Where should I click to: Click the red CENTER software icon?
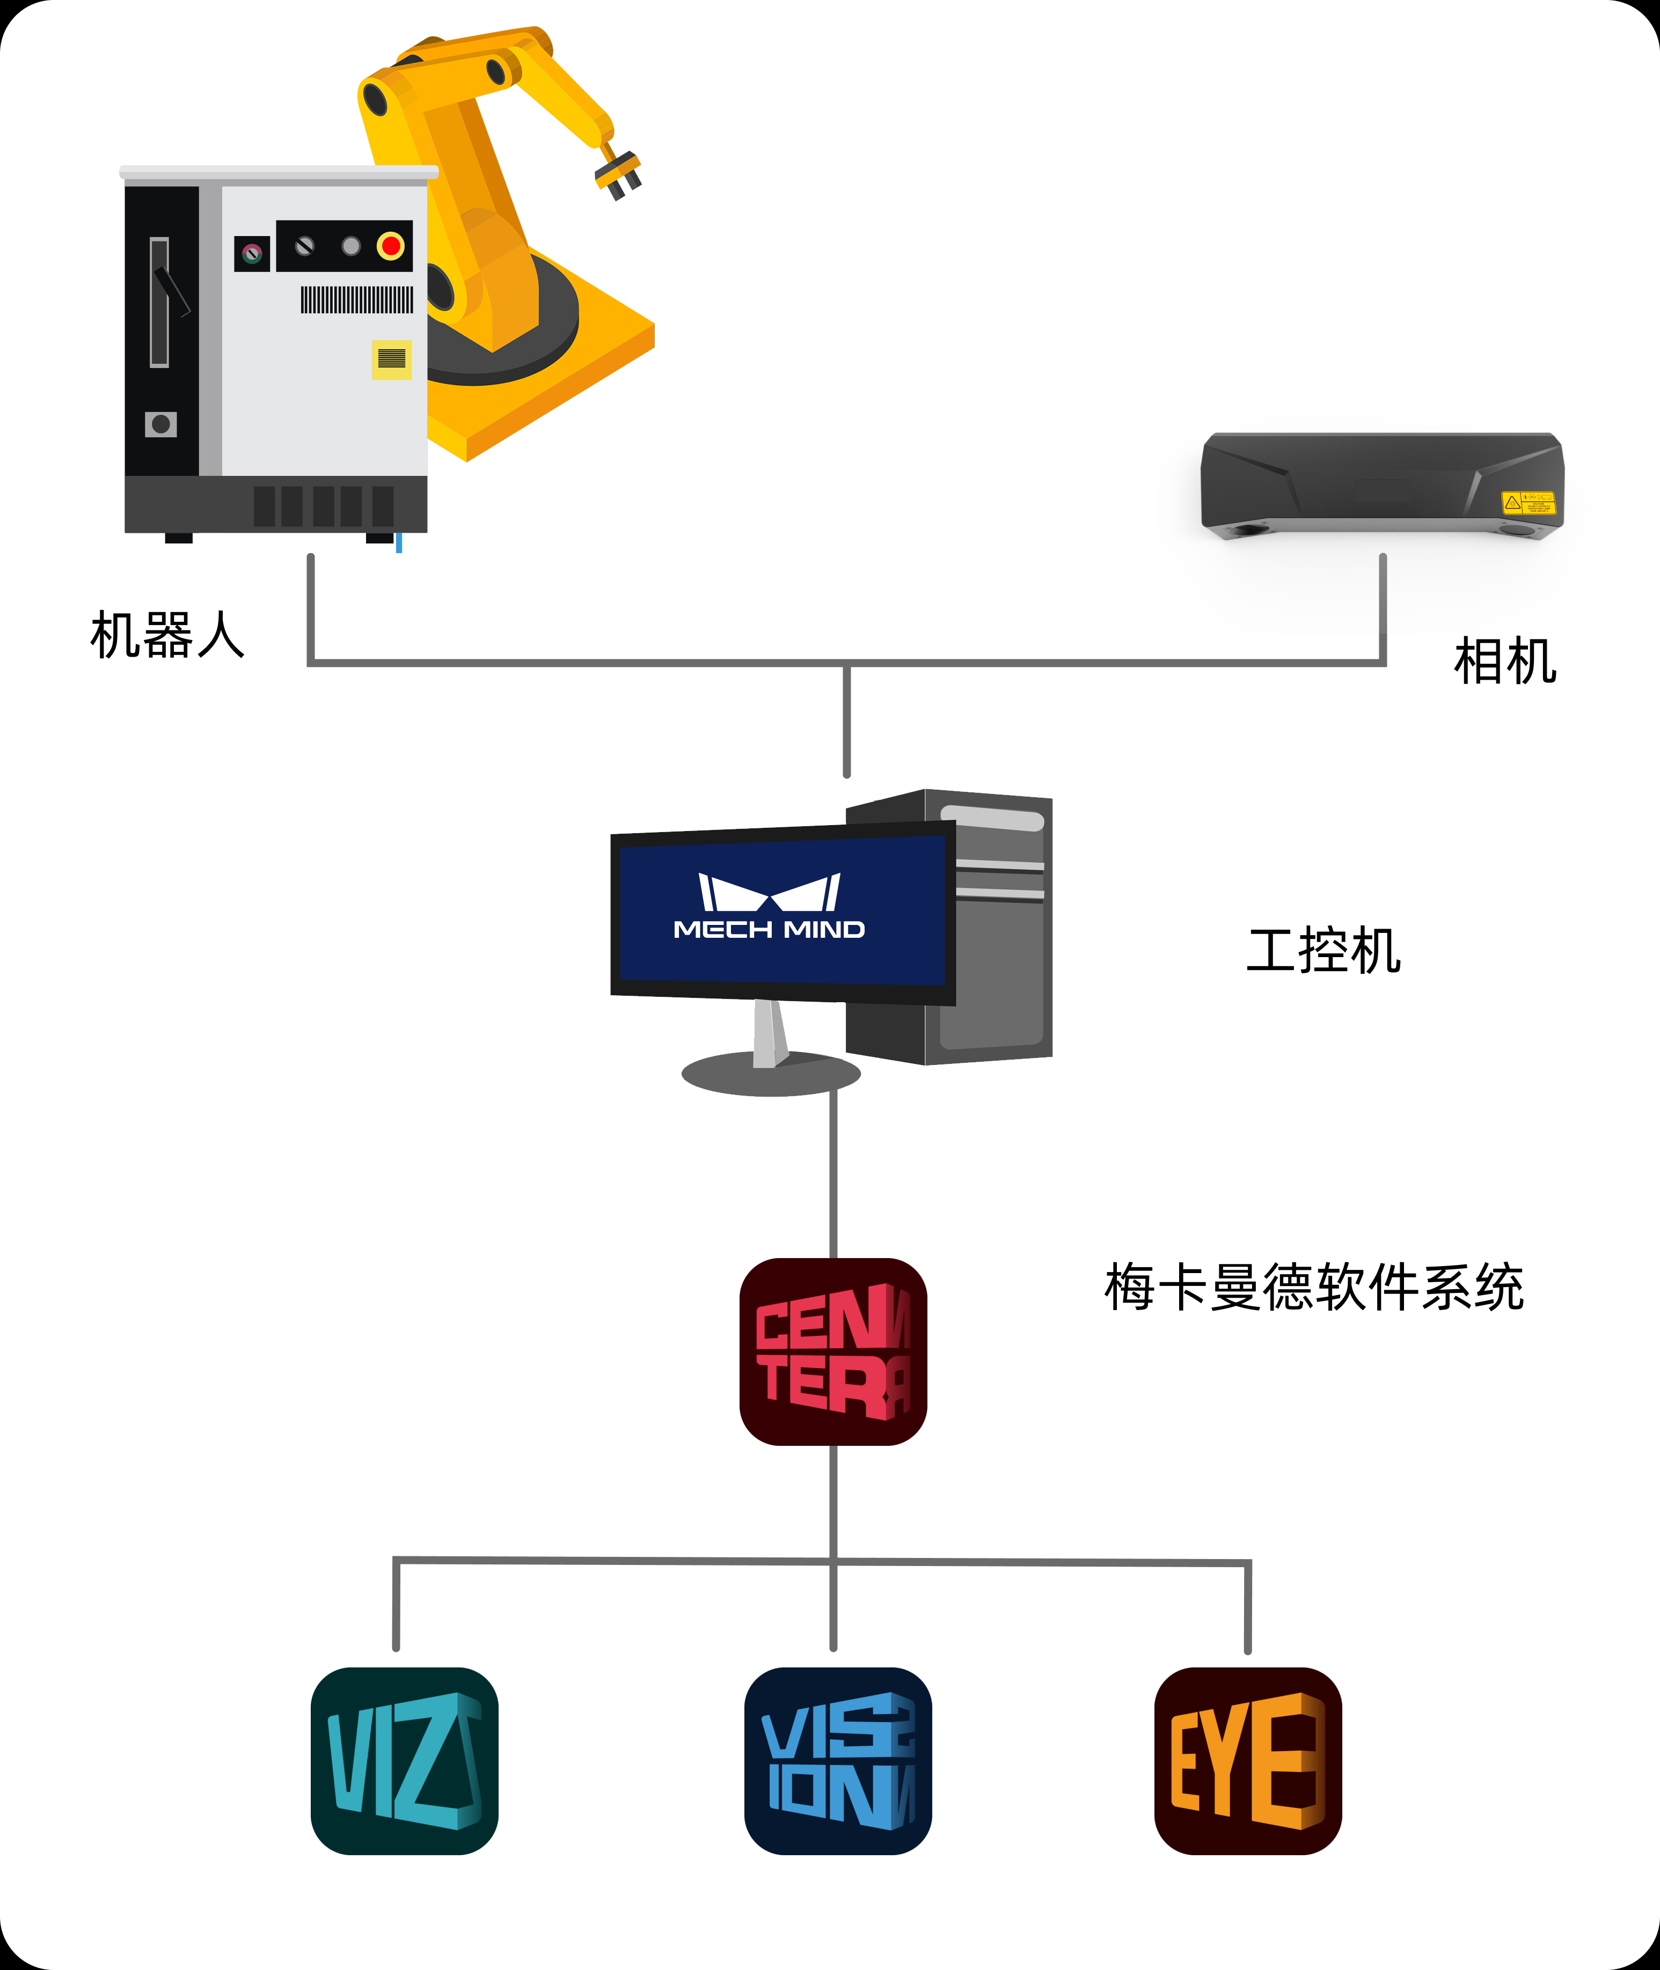click(833, 1352)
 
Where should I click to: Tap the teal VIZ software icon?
click(405, 1761)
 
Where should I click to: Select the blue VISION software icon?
click(838, 1761)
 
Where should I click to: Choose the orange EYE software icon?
click(1248, 1761)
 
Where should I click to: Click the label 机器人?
click(167, 635)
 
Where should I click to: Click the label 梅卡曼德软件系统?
click(1314, 1287)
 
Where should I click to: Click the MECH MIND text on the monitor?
click(769, 930)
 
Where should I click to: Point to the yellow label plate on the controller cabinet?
click(391, 358)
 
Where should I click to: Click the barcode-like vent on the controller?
click(357, 300)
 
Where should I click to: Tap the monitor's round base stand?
click(771, 1074)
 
